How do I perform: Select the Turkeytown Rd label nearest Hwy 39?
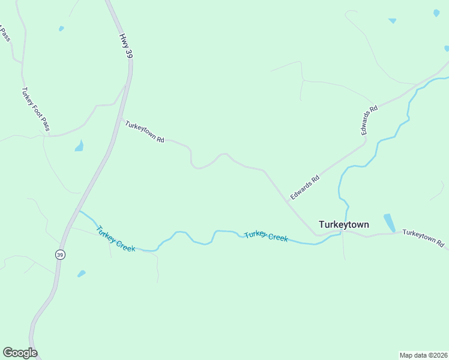145,130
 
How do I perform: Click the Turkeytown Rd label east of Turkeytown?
423,238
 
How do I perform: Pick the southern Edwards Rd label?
304,187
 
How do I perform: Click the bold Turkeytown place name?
344,224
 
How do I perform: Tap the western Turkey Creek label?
116,238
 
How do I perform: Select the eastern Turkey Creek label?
266,236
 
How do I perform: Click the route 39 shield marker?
59,254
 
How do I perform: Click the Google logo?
20,353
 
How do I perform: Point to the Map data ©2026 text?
423,355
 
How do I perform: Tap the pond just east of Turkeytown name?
390,223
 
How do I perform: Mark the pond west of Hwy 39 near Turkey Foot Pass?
79,146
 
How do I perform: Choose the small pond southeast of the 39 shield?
82,274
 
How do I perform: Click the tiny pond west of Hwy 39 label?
61,28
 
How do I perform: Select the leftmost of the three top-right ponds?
392,20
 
